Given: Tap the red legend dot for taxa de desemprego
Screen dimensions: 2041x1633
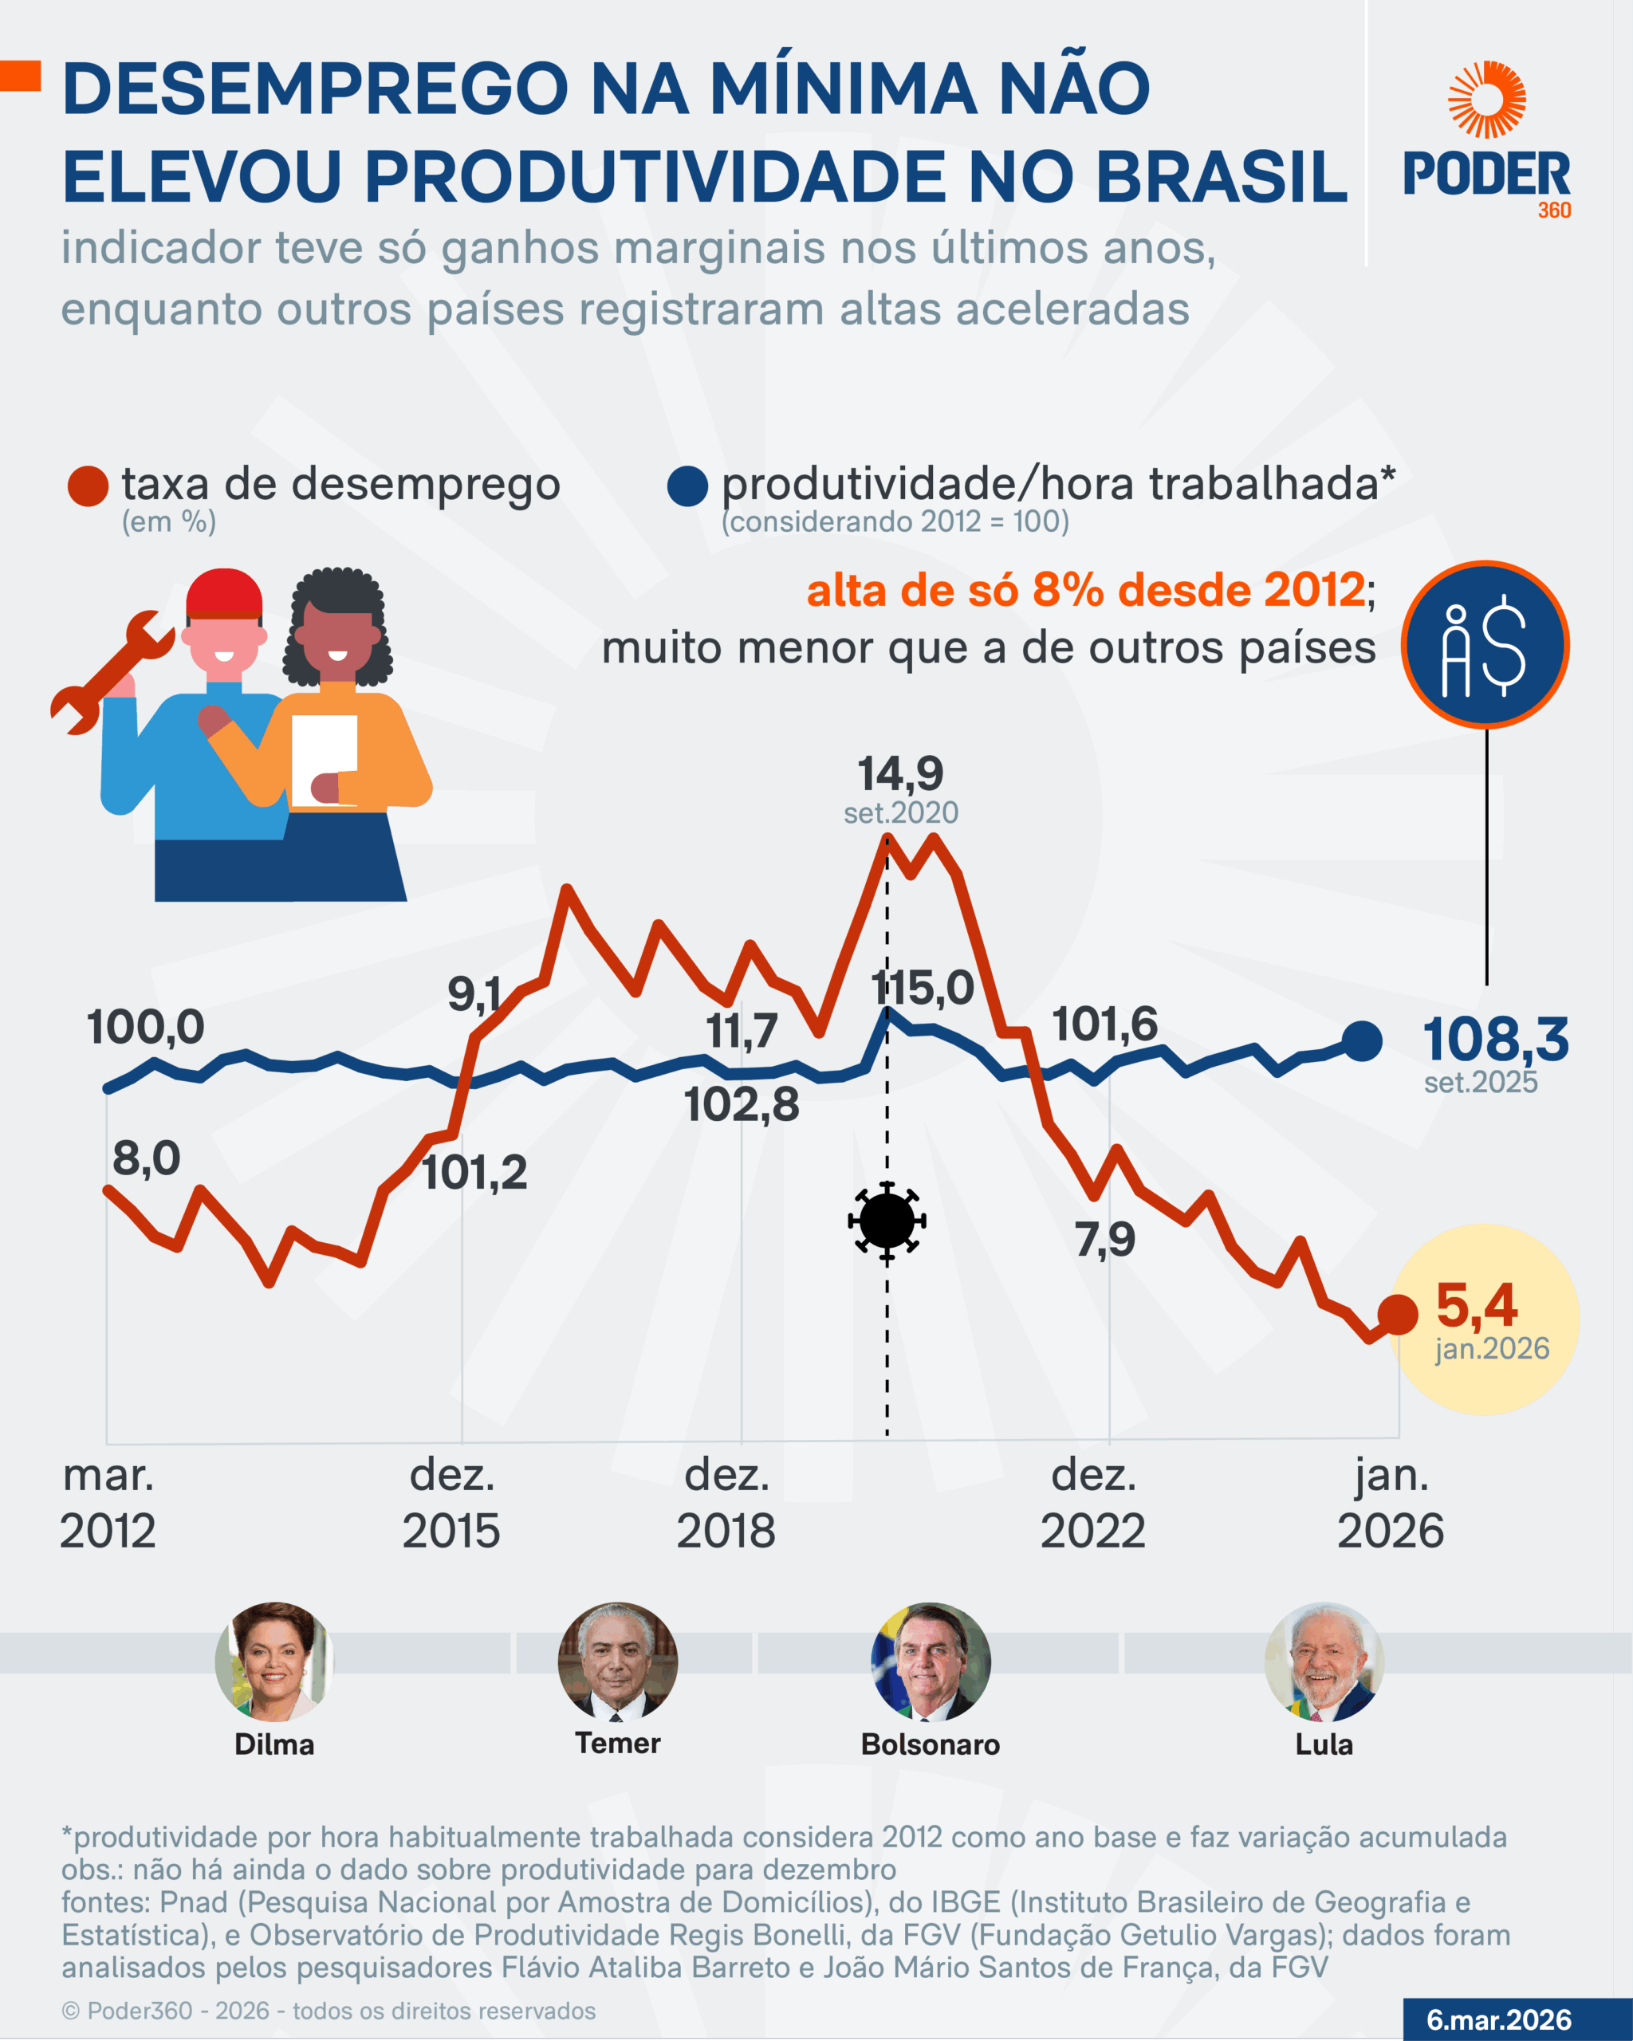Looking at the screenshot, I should [x=88, y=486].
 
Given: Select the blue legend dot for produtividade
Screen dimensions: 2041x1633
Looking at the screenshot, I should [x=687, y=486].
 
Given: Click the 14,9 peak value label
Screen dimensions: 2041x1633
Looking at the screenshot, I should [x=900, y=774].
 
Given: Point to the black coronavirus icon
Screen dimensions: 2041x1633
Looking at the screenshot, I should [x=887, y=1221].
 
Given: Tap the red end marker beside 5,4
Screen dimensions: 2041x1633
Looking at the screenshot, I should [x=1397, y=1314].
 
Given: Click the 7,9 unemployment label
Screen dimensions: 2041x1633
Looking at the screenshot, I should [x=1105, y=1239].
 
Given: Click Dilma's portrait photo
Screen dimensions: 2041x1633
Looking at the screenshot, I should [x=273, y=1662].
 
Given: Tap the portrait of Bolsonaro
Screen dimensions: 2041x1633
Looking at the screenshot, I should [x=931, y=1662].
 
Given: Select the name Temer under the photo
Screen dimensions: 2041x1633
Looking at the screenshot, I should [x=617, y=1743].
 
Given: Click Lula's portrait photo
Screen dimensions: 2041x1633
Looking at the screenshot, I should [x=1324, y=1662].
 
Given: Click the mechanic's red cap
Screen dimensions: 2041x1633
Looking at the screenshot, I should [x=224, y=593].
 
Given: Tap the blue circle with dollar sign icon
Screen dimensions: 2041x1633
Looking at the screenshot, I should [x=1485, y=646].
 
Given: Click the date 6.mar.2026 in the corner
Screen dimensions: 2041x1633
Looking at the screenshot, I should [x=1498, y=2019].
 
